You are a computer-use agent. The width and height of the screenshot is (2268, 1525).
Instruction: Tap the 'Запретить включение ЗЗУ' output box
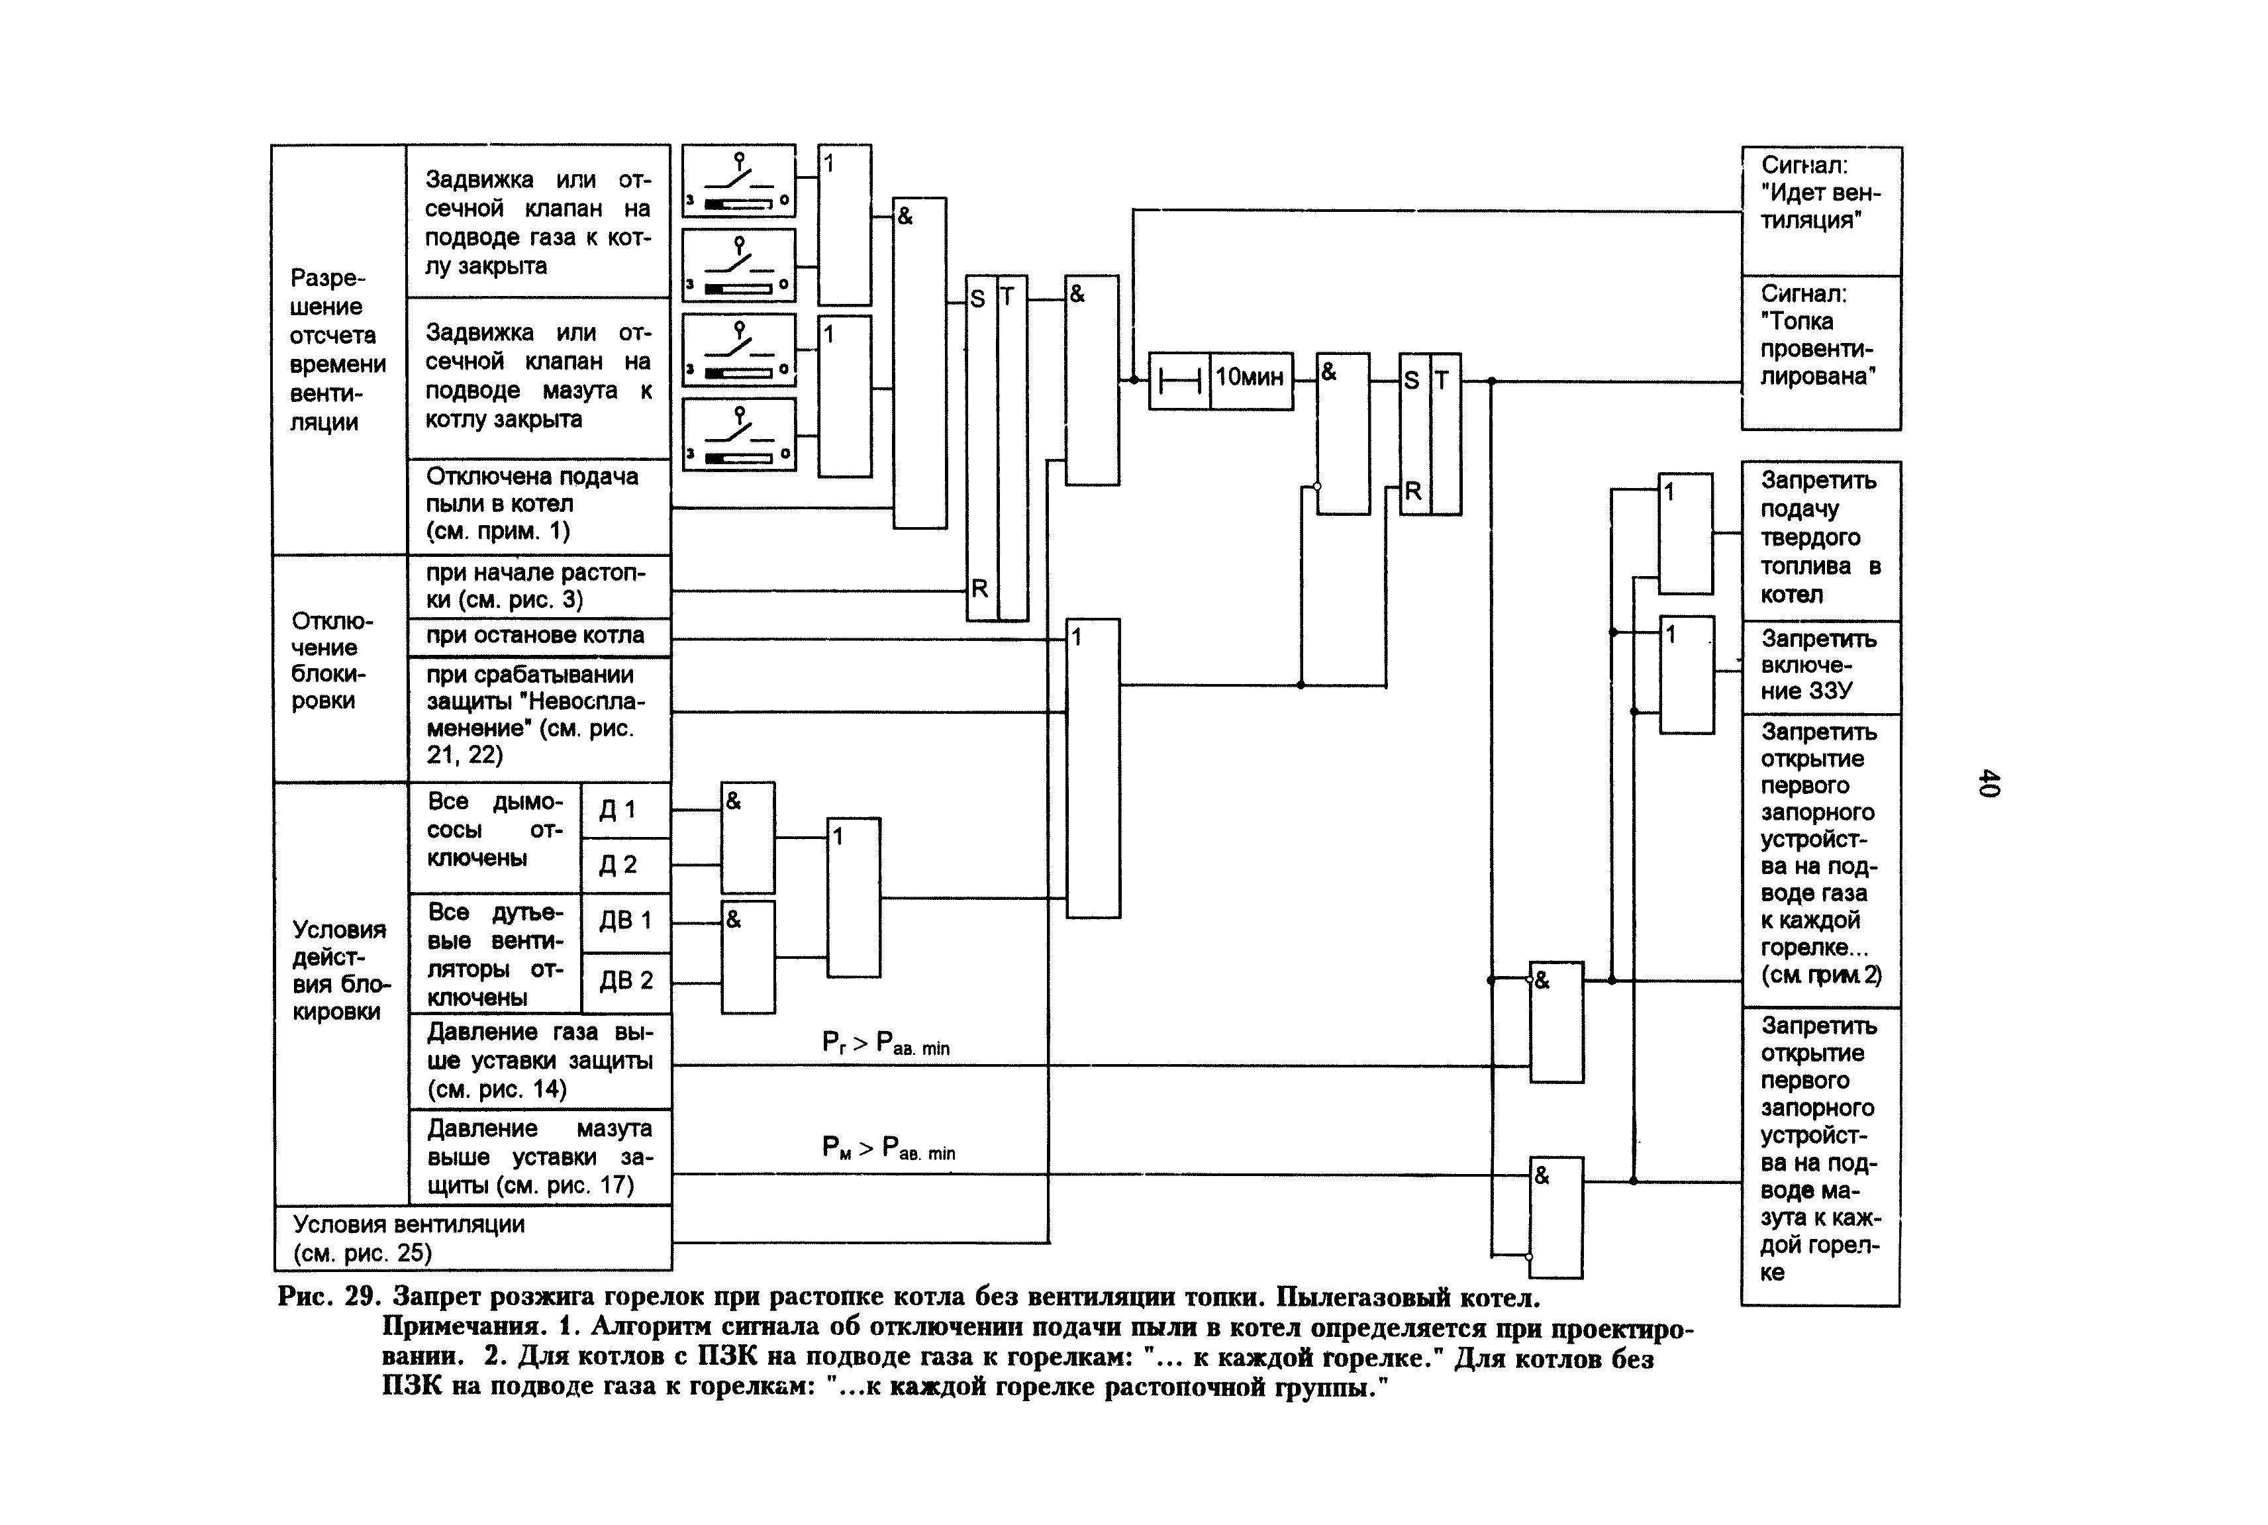pyautogui.click(x=1820, y=666)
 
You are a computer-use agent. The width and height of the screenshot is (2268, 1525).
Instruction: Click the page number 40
pyautogui.click(x=1988, y=783)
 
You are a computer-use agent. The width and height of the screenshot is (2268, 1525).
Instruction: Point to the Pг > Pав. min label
pyautogui.click(x=885, y=1044)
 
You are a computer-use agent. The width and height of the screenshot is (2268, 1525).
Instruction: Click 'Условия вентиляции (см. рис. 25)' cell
pyautogui.click(x=473, y=1238)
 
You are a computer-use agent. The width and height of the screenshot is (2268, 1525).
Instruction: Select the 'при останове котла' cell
pyautogui.click(x=538, y=636)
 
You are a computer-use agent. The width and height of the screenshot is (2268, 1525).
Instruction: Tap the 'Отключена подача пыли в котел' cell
pyautogui.click(x=538, y=505)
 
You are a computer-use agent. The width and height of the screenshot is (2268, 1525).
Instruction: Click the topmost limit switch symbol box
pyautogui.click(x=738, y=180)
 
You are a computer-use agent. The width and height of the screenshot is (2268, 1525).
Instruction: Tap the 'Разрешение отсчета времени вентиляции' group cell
pyautogui.click(x=338, y=350)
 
